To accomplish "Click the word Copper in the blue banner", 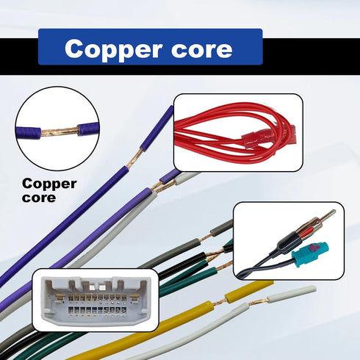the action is point(113,49).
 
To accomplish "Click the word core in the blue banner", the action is point(201,49).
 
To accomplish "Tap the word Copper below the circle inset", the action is point(49,184).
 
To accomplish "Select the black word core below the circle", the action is point(39,198).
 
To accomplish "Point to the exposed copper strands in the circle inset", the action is point(59,132).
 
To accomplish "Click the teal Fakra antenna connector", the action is point(311,254).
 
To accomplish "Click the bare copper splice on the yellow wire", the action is point(219,303).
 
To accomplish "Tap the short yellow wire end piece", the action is point(249,289).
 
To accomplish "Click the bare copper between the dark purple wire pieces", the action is point(134,158).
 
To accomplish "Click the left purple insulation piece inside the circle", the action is point(28,133).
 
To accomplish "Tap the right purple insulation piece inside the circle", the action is point(88,129).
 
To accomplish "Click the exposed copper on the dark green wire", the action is point(224,265).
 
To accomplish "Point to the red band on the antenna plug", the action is point(306,232).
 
